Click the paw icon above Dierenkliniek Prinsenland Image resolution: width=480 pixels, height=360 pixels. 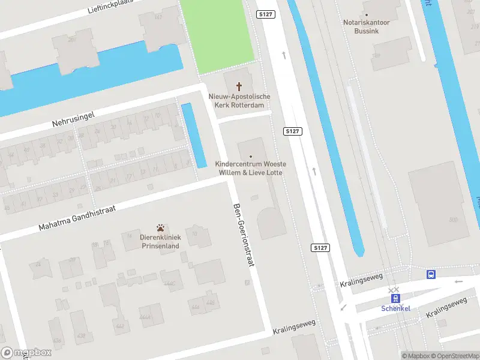(x=161, y=228)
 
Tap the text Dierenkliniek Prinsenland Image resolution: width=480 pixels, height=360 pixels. (x=160, y=242)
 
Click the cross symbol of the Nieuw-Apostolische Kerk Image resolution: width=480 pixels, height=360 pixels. (x=239, y=86)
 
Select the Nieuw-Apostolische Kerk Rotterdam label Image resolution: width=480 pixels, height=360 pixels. (x=239, y=100)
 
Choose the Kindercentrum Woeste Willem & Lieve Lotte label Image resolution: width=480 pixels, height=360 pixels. (x=251, y=168)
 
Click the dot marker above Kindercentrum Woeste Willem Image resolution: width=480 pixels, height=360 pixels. (x=251, y=157)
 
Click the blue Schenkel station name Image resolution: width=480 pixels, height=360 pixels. (x=395, y=308)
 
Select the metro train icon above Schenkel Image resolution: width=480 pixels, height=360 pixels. (x=395, y=298)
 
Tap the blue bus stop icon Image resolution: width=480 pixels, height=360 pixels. (x=431, y=274)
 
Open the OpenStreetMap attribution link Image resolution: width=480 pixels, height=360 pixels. (x=455, y=356)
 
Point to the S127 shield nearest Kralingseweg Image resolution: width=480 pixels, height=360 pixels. (x=320, y=247)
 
